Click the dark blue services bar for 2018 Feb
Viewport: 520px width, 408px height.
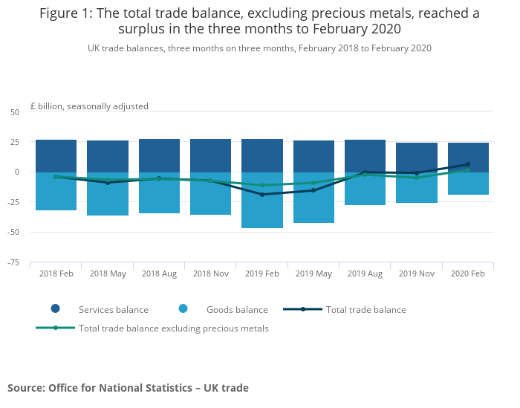pyautogui.click(x=56, y=156)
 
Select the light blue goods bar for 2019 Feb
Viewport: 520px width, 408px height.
pyautogui.click(x=262, y=200)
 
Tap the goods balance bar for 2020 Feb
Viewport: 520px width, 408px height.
pyautogui.click(x=468, y=183)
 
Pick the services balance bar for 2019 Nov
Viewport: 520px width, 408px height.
pyautogui.click(x=417, y=158)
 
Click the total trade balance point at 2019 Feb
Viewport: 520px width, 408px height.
pyautogui.click(x=262, y=195)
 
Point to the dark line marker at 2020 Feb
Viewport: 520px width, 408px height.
pyautogui.click(x=468, y=164)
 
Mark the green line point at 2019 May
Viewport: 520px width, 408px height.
pyautogui.click(x=313, y=183)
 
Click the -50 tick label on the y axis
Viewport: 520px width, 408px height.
pyautogui.click(x=13, y=232)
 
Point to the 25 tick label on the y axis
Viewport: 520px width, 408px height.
pyautogui.click(x=15, y=142)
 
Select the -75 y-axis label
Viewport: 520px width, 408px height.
pyautogui.click(x=13, y=263)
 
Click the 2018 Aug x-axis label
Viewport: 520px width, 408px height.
pyautogui.click(x=159, y=273)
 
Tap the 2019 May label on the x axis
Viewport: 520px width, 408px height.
pyautogui.click(x=313, y=273)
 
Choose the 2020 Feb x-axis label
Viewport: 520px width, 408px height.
pyautogui.click(x=467, y=273)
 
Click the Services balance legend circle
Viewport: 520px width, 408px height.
pyautogui.click(x=56, y=308)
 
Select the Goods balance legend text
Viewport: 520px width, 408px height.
pyautogui.click(x=237, y=310)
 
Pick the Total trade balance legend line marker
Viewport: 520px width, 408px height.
pyautogui.click(x=303, y=309)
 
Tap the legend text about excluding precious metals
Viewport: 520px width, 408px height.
pyautogui.click(x=173, y=328)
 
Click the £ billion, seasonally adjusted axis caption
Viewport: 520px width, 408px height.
pyautogui.click(x=89, y=106)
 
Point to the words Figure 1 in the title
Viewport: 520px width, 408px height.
pyautogui.click(x=65, y=13)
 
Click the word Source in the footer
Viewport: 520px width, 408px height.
pyautogui.click(x=27, y=388)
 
